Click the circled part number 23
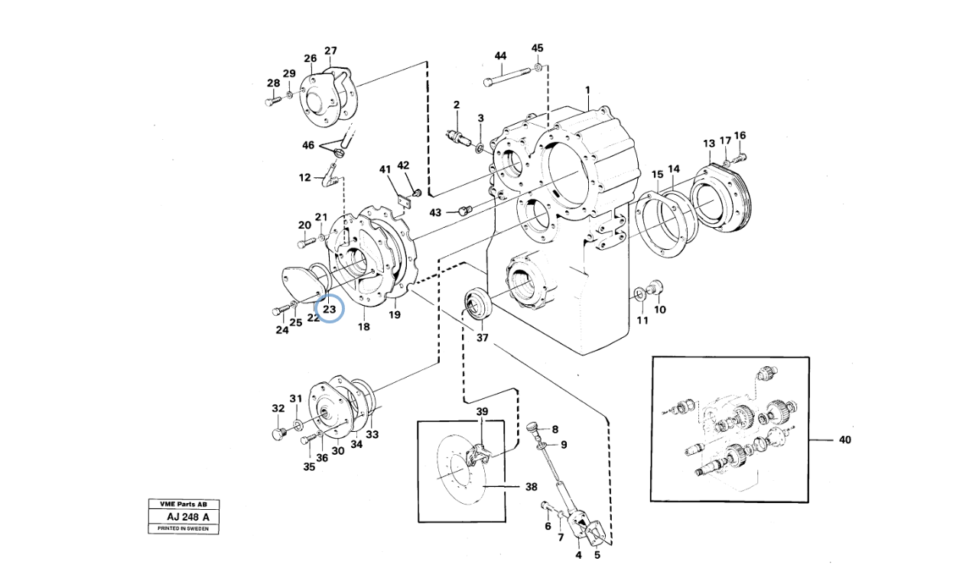tap(330, 309)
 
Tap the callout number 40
tap(844, 440)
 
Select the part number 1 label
tap(587, 90)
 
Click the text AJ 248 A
tap(184, 517)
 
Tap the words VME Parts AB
tap(184, 505)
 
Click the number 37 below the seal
tap(482, 337)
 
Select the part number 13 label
tap(709, 144)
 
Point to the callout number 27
tap(330, 51)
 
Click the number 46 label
tap(308, 145)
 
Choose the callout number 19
tap(394, 314)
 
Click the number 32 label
tap(278, 409)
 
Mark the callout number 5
tap(597, 555)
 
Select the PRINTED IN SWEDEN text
tap(184, 528)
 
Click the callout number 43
tap(435, 212)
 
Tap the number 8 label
tap(555, 429)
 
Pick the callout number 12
tap(305, 177)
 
